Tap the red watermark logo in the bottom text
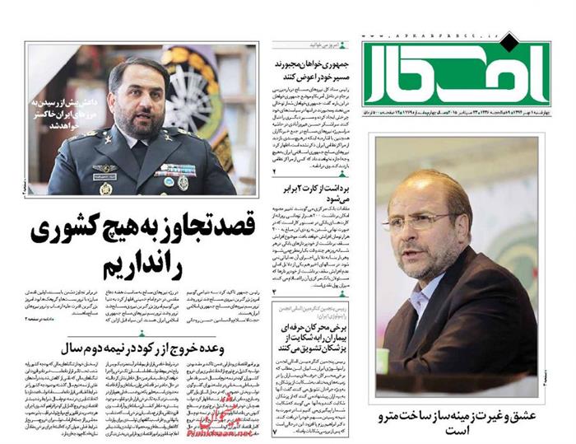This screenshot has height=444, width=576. click(210, 421)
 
